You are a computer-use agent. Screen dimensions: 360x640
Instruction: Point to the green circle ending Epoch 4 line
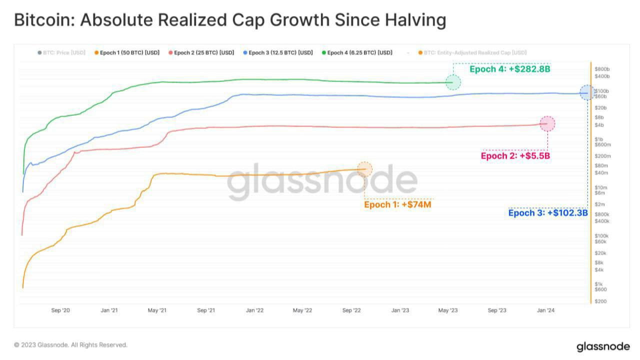click(453, 82)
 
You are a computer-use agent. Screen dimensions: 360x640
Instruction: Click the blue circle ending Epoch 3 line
click(587, 92)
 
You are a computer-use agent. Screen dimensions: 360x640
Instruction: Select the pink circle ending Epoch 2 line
click(547, 123)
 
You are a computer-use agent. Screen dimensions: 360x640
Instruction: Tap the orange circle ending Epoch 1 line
click(364, 169)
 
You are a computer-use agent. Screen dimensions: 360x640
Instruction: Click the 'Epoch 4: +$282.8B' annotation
click(509, 69)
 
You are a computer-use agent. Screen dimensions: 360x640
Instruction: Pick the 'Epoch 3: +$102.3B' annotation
click(547, 213)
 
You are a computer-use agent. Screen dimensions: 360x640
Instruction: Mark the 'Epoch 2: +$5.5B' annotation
click(515, 156)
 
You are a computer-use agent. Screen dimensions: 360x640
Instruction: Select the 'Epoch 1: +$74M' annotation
click(397, 204)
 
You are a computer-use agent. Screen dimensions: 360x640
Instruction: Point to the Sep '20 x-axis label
click(60, 310)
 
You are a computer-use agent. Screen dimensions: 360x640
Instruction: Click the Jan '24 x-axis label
click(545, 310)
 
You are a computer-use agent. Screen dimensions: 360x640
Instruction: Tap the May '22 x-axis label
click(302, 310)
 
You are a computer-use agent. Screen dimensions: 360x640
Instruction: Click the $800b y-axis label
click(602, 68)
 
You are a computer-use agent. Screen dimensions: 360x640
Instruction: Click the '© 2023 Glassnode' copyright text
click(70, 345)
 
